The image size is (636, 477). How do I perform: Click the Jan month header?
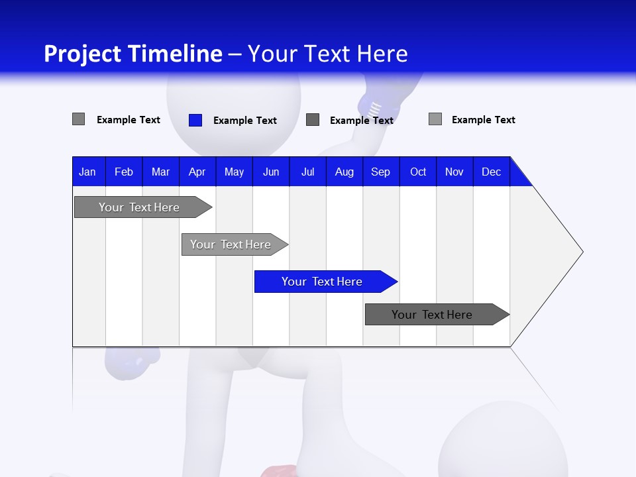pos(87,172)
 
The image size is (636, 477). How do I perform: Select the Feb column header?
pos(124,172)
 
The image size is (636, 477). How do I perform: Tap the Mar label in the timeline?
pos(160,172)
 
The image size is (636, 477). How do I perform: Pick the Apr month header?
pos(197,172)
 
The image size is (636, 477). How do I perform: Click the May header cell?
pos(234,172)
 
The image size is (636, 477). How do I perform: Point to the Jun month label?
pos(271,172)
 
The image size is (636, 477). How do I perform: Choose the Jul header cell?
pos(307,172)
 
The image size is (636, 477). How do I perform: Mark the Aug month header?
pos(344,172)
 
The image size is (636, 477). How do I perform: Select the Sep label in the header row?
pos(381,172)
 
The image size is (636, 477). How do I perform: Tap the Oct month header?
pos(418,172)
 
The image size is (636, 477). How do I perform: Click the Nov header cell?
pos(454,172)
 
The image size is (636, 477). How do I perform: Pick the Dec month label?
pos(492,172)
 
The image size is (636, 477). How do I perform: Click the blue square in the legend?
pos(195,120)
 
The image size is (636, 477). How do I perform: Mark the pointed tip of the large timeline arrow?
pos(582,252)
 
